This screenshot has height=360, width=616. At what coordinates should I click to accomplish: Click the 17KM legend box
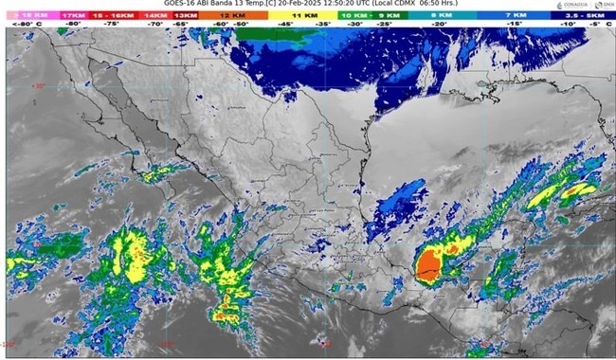[74, 16]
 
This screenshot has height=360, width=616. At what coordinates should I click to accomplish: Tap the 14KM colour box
[154, 16]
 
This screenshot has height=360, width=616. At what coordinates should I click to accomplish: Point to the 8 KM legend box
[442, 16]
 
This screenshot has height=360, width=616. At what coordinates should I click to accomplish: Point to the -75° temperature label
[111, 25]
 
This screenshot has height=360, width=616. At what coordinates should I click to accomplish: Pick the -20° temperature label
[442, 25]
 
